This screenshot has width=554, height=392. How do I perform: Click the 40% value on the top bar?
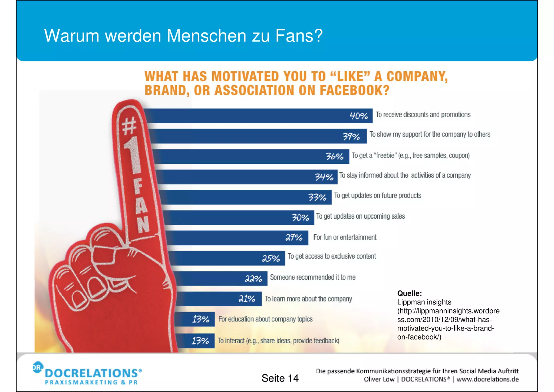[359, 116]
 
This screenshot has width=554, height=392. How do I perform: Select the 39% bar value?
[351, 136]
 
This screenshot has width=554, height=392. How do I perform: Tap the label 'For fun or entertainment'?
[345, 237]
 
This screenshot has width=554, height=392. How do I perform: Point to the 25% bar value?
[271, 258]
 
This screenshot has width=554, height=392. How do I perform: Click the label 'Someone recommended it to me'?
[312, 277]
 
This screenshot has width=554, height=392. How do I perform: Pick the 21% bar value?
[247, 299]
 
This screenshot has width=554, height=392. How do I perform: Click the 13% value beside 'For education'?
[201, 319]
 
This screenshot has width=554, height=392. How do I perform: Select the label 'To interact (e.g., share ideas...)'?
[278, 341]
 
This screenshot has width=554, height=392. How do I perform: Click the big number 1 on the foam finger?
[133, 154]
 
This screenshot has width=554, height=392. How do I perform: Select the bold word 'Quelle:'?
[409, 293]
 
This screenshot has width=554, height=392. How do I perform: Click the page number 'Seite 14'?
[280, 378]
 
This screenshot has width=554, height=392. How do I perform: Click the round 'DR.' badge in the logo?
[38, 367]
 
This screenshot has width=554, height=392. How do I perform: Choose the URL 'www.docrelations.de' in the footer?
[487, 379]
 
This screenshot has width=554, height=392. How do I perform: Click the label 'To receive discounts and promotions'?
[423, 115]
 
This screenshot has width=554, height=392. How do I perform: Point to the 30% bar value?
[300, 217]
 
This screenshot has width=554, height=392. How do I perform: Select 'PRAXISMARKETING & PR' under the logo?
[91, 383]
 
